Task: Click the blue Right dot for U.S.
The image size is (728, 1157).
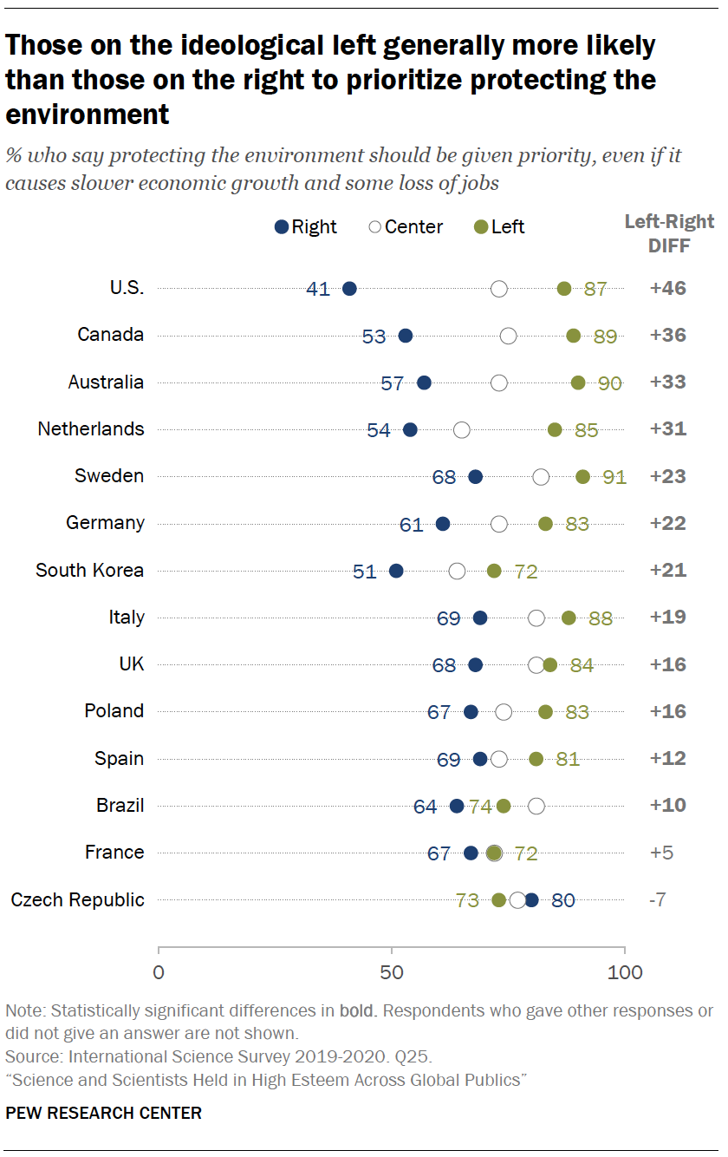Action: [349, 289]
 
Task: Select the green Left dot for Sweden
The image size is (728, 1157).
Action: [582, 476]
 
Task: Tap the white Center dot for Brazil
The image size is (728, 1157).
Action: [536, 806]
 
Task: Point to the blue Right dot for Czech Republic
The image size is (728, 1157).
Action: [531, 900]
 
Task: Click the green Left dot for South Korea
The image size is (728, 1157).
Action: [494, 571]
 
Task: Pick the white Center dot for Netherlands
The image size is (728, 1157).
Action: [462, 429]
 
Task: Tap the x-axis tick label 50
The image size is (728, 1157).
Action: [392, 972]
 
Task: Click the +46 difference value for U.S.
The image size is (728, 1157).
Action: [668, 289]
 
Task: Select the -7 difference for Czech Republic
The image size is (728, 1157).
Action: [658, 899]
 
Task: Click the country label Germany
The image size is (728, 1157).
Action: [105, 523]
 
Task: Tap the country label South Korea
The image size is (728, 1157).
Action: [89, 570]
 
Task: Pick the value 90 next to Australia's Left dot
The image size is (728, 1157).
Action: [610, 383]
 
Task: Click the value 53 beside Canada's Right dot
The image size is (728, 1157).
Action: [374, 337]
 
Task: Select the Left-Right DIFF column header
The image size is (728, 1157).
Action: [669, 234]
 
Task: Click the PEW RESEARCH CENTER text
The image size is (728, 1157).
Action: [103, 1113]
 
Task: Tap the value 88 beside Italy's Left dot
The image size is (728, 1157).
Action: [601, 618]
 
